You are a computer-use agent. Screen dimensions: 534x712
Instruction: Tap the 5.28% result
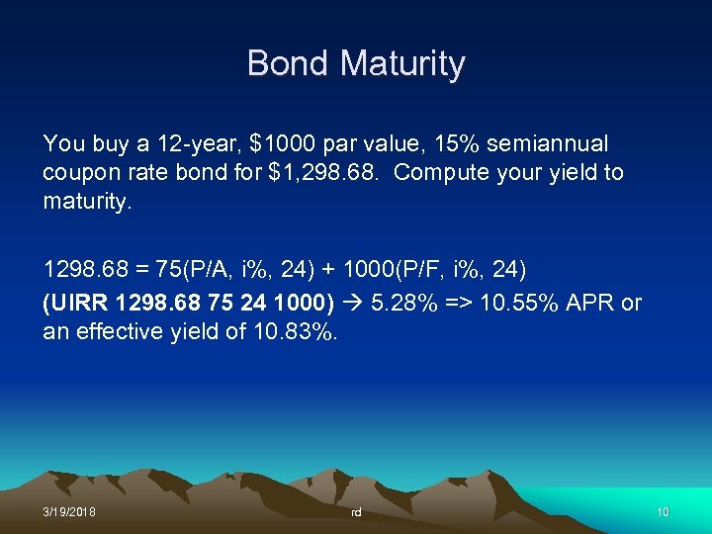403,302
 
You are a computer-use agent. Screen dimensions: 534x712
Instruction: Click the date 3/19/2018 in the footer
69,512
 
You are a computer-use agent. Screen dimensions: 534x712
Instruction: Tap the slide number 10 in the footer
663,512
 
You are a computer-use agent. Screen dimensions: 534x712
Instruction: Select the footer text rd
356,512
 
